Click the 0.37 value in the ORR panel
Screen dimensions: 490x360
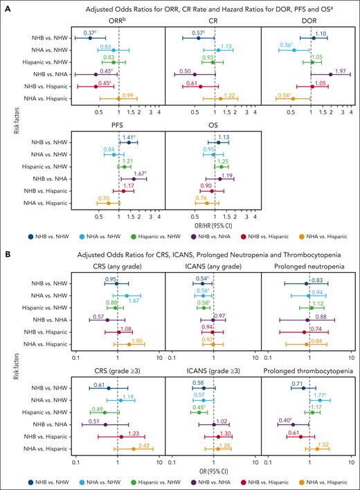89,33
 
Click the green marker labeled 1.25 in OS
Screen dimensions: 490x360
222,167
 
